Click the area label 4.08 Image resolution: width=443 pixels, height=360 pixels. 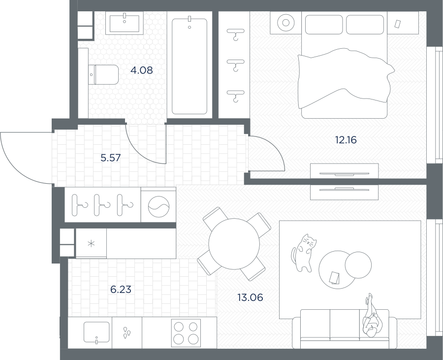pos(142,70)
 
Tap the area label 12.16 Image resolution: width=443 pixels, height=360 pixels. pos(346,140)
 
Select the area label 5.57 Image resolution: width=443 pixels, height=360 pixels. pos(111,158)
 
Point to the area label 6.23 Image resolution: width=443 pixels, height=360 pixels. pos(121,290)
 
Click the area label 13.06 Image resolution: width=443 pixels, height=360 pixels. pos(250,297)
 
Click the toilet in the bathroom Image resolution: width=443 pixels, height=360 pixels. pos(103,74)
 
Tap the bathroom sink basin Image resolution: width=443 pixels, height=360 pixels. pos(125,23)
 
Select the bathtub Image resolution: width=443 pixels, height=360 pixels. pos(190,66)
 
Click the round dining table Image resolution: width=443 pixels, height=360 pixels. pos(234,244)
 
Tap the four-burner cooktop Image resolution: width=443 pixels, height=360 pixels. pos(186,333)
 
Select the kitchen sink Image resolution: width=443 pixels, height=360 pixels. pos(96,332)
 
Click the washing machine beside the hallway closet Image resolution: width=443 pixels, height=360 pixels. pos(158,205)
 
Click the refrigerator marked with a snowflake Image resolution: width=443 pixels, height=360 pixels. pos(91,243)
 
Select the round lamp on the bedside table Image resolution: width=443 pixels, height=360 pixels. pos(285,23)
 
